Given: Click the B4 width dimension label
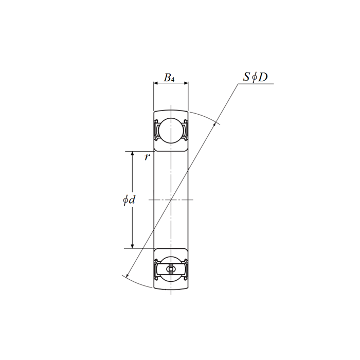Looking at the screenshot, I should (x=170, y=78).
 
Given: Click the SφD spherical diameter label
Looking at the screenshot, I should (x=255, y=77).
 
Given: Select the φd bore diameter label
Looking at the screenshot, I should (x=129, y=200).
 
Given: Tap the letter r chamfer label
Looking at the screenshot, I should (x=147, y=157).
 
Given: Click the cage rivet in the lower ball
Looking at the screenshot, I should (x=170, y=268).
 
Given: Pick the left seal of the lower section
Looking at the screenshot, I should (x=156, y=268).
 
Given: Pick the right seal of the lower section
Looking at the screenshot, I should (x=185, y=268).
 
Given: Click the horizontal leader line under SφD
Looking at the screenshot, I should (x=256, y=84).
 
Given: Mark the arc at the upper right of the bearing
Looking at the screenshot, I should (x=206, y=117).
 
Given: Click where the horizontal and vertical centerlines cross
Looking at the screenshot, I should (x=170, y=199).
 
